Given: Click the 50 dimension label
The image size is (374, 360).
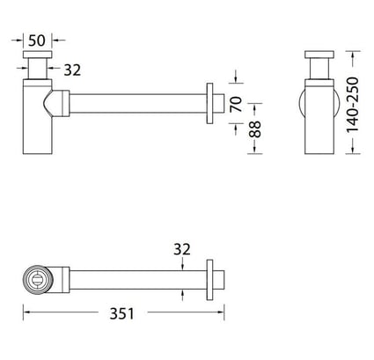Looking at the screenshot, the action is (37, 40).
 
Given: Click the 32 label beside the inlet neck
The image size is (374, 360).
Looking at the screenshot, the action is (72, 70).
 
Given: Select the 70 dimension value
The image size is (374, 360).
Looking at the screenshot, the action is (237, 104).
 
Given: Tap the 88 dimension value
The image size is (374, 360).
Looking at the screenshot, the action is (255, 129).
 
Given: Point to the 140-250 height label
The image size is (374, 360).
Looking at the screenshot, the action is (353, 105).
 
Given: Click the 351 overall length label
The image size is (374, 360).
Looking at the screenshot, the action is (121, 313).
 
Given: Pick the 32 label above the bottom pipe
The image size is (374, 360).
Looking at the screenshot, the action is (182, 249).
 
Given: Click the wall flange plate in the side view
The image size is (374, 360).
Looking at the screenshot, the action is (209, 103).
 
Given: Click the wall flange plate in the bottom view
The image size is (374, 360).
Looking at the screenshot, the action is (209, 280).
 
